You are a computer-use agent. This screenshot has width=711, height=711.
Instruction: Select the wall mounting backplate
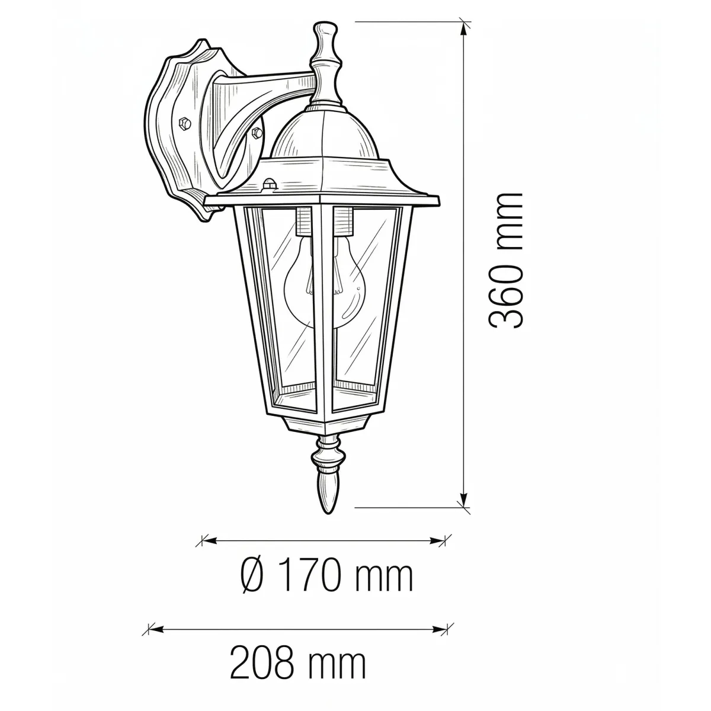[178, 136]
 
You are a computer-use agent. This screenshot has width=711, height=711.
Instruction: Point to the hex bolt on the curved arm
[257, 132]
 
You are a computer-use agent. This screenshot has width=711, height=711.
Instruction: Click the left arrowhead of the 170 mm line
[205, 540]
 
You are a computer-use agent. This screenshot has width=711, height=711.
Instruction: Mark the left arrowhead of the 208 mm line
[150, 629]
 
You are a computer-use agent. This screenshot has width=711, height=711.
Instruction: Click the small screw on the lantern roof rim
[270, 184]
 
